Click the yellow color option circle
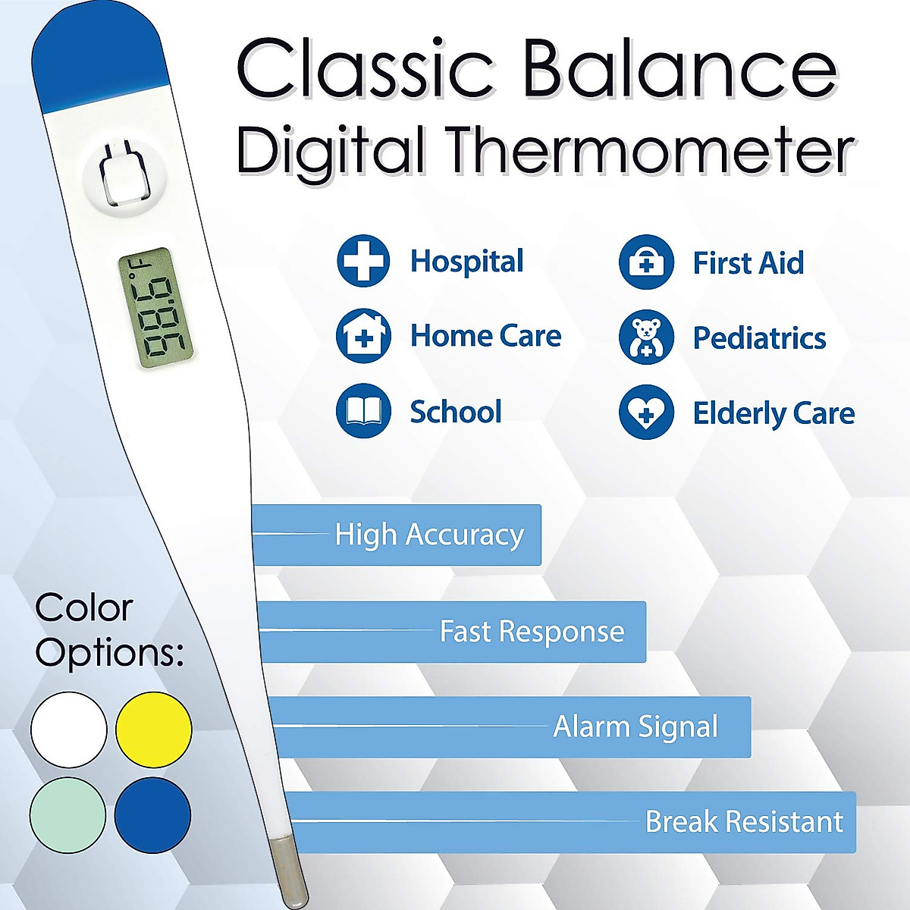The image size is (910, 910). pos(154,730)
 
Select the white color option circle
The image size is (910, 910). pos(69,730)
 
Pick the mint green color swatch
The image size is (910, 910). pos(67,815)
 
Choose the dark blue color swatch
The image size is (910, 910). pos(152,815)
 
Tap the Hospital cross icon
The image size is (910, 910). pos(363,261)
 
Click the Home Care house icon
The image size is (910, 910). pos(363,335)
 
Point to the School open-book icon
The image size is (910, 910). pos(363,411)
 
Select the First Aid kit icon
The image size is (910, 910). pos(646,262)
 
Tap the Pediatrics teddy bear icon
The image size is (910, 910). pos(646,337)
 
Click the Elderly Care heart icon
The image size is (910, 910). pos(646,413)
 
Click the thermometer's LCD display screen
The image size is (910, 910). pos(155,308)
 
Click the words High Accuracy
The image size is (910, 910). pos(429,535)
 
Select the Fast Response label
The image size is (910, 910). pos(532,631)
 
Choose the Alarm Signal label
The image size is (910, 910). pos(635,726)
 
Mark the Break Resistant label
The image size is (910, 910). pos(743,821)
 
